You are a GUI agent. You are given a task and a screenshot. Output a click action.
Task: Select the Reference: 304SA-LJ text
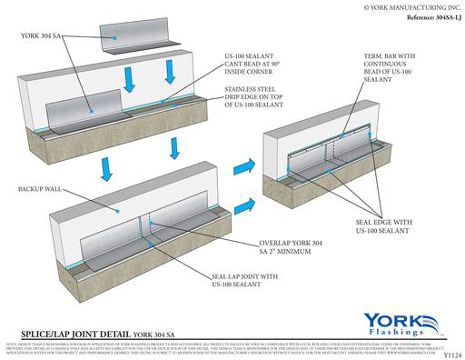click(420, 19)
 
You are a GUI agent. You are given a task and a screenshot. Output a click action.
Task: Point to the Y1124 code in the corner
click(450, 355)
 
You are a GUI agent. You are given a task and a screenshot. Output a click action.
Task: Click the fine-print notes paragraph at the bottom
click(227, 347)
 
